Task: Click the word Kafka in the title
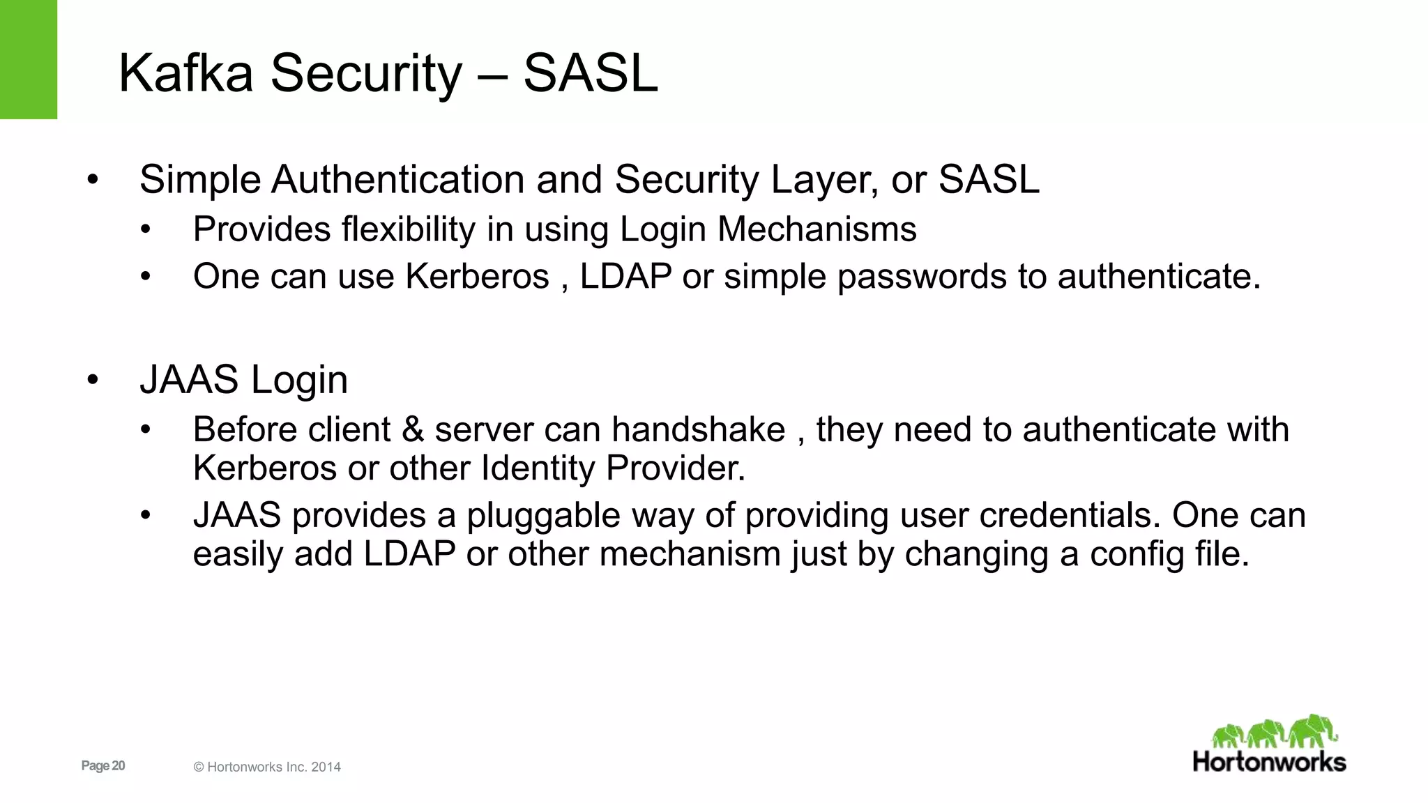185,73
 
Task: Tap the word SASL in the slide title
590,73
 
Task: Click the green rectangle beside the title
29,59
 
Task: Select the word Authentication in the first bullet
397,180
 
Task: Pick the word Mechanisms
816,230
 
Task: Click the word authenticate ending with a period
1159,277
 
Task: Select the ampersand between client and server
413,429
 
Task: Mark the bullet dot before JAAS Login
93,380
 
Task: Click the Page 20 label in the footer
103,766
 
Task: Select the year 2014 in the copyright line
326,767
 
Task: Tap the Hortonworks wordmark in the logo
1269,762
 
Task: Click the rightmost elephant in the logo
1312,731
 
